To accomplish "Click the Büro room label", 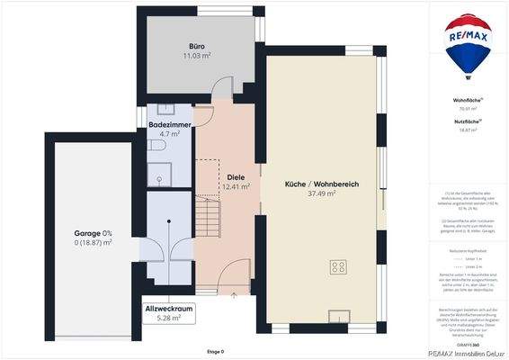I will pyautogui.click(x=198, y=45).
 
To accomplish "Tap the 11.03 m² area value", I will pyautogui.click(x=198, y=55).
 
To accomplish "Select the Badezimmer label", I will pyautogui.click(x=169, y=124).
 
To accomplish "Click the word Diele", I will pyautogui.click(x=236, y=176).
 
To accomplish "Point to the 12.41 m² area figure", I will pyautogui.click(x=236, y=187).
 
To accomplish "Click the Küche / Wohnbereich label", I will pyautogui.click(x=322, y=184).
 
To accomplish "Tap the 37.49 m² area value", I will pyautogui.click(x=322, y=193).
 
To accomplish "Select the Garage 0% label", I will pyautogui.click(x=93, y=233).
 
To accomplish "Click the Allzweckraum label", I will pyautogui.click(x=169, y=309).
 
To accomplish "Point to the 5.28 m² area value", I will pyautogui.click(x=169, y=318).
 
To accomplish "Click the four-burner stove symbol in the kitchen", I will pyautogui.click(x=339, y=266).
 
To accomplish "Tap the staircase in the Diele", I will pyautogui.click(x=208, y=216).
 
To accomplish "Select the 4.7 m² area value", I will pyautogui.click(x=169, y=134).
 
